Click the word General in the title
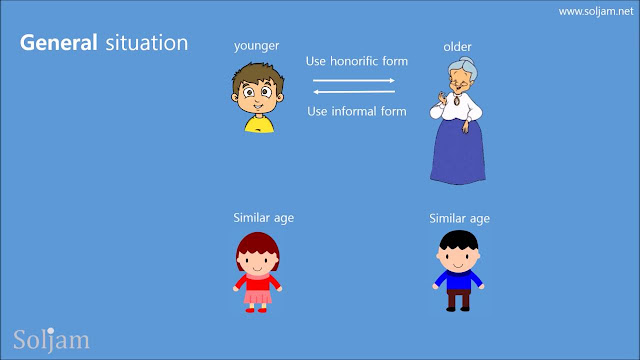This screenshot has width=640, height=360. pos(59,42)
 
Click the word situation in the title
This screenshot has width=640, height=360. pos(147,42)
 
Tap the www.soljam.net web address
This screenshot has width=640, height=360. pos(596,11)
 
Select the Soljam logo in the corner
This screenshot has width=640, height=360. pos(51,340)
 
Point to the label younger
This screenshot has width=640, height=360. pos(257,46)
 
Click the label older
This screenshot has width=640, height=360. pos(457,47)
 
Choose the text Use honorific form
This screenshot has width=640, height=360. pos(357,61)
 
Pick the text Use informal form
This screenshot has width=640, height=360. pos(357,111)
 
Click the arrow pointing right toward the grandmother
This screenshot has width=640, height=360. pos(354,80)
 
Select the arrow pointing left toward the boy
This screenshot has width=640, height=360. pos(354,92)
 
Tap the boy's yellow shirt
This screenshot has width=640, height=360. pos(260,124)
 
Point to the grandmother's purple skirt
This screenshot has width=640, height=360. pos(458,153)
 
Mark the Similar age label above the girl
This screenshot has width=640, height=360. pos(264,218)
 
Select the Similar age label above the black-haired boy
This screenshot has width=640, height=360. pos(460,219)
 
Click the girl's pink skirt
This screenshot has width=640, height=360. pos(258,296)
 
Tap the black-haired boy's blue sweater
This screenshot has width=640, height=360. pos(458,280)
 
